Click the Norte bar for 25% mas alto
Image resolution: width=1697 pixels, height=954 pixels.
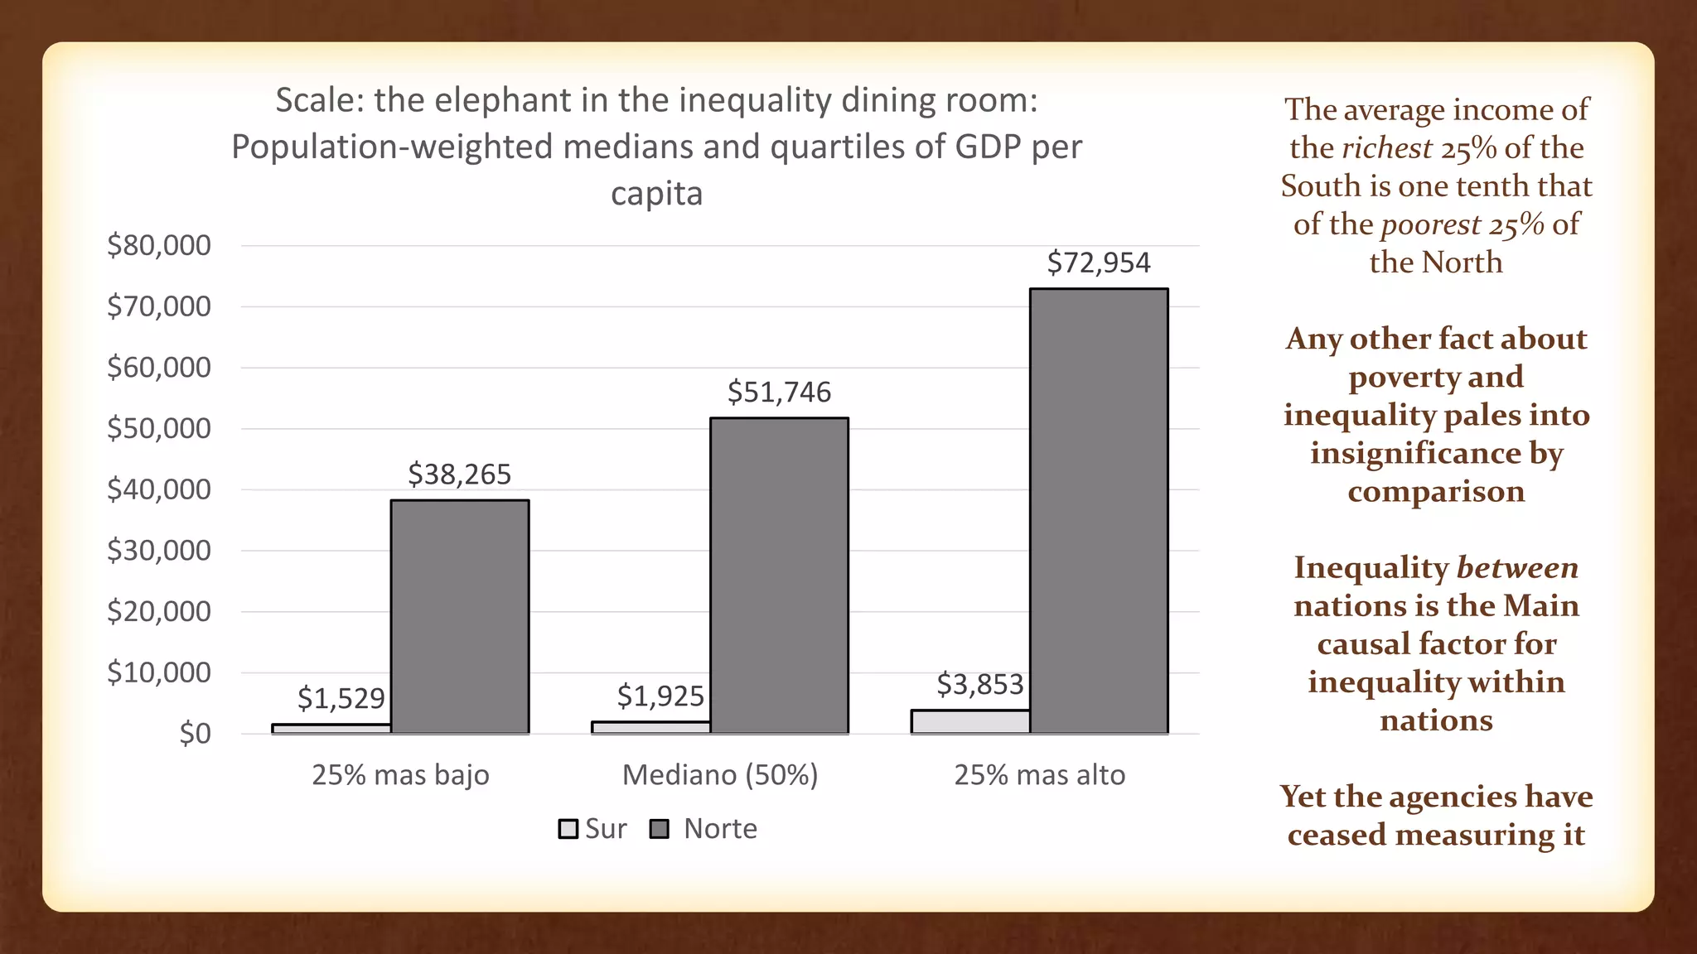(1099, 511)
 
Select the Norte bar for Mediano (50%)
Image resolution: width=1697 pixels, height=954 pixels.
(779, 576)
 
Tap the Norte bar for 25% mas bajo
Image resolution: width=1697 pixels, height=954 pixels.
(460, 616)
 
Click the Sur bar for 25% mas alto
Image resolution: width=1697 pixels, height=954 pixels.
(970, 721)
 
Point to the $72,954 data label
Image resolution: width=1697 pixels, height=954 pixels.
(1099, 263)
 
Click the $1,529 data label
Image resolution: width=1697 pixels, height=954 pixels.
(341, 699)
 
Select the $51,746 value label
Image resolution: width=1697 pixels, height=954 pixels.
(779, 393)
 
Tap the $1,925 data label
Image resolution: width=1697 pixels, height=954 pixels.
(660, 696)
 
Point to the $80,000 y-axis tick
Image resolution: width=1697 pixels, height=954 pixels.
(159, 245)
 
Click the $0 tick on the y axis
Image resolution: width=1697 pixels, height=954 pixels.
(195, 734)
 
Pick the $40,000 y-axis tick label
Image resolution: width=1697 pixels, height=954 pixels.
(159, 489)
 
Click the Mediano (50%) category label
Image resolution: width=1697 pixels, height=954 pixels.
(720, 775)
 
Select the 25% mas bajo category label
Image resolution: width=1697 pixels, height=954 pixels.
(400, 775)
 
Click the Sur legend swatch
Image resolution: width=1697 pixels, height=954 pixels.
(568, 829)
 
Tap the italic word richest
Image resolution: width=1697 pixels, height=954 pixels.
(1387, 148)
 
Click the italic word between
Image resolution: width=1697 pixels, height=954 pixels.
(1517, 568)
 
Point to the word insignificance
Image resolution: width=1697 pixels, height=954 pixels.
(1415, 454)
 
